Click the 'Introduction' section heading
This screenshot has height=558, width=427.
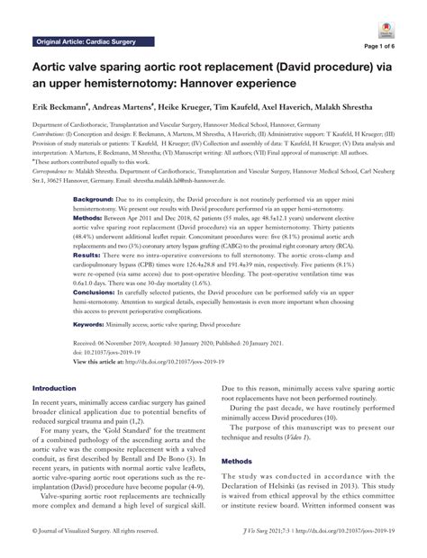point(55,412)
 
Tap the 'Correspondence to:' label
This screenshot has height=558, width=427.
point(58,169)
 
